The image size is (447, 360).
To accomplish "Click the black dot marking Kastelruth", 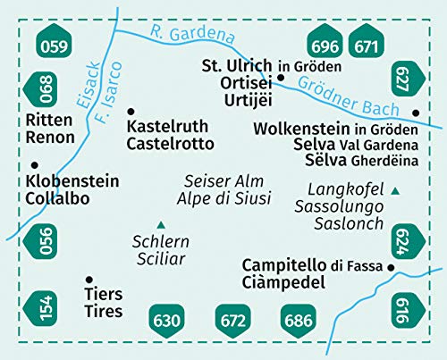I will click(131, 110).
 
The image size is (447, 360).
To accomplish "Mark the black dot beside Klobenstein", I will click(34, 164).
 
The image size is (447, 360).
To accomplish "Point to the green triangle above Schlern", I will click(161, 224).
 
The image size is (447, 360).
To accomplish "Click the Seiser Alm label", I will click(213, 180).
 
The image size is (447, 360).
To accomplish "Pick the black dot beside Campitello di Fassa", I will click(391, 267).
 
